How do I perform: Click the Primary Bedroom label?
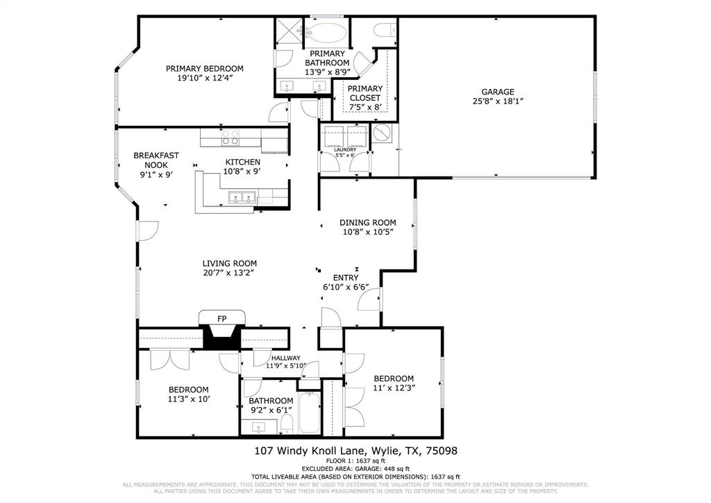coord(204,69)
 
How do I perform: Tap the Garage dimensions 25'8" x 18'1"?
coord(498,101)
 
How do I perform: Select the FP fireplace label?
coord(222,318)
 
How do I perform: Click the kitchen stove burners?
coord(231,138)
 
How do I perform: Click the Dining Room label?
coord(367,222)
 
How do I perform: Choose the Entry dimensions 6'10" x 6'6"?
coord(345,287)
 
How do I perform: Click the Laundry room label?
coord(345,149)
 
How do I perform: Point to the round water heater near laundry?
coord(381,133)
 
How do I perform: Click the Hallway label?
coord(285,358)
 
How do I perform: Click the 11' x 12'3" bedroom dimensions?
coord(394,388)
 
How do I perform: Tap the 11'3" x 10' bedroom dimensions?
coord(188,399)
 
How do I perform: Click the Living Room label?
coord(229,263)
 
